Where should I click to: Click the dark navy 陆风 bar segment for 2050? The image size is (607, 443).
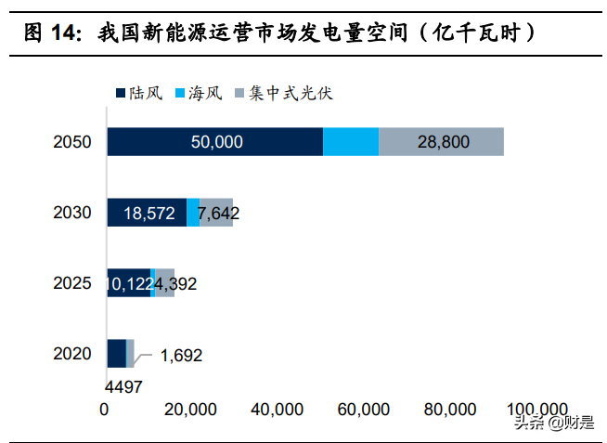(x=214, y=141)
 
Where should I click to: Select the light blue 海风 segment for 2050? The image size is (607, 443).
(x=351, y=141)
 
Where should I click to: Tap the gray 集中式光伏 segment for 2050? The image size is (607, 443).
(x=441, y=141)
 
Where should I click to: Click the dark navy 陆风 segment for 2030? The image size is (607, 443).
(x=147, y=212)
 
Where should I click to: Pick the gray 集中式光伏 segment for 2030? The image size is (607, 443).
(x=217, y=212)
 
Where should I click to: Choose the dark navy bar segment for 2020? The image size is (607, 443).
(x=116, y=353)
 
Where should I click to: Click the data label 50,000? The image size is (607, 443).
(x=216, y=142)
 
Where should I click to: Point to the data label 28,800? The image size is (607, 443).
(x=443, y=142)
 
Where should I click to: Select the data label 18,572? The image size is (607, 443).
(x=149, y=213)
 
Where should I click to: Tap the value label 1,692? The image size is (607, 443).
(x=181, y=355)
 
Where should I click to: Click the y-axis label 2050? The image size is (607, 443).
(x=72, y=142)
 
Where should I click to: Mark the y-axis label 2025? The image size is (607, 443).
(x=72, y=283)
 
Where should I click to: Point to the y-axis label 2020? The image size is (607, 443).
(x=72, y=354)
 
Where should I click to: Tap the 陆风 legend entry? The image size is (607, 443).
(x=140, y=93)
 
